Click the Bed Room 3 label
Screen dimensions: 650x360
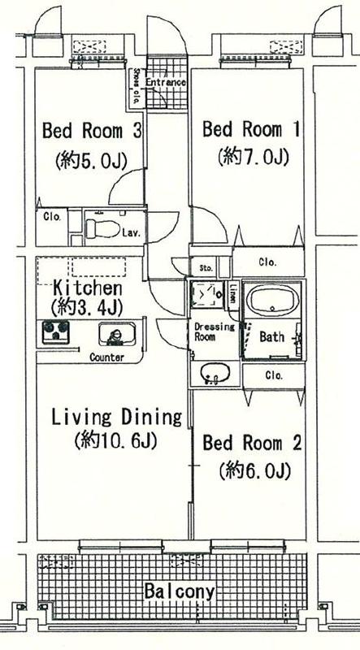click(93, 130)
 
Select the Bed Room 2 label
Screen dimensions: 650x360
click(253, 443)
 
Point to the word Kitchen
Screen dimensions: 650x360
click(88, 288)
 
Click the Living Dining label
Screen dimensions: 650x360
click(116, 418)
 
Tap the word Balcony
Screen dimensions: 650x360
click(180, 591)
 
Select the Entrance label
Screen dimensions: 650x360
click(167, 83)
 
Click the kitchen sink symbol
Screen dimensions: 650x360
click(114, 334)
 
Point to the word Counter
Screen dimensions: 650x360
click(106, 357)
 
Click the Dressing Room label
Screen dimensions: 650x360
click(213, 332)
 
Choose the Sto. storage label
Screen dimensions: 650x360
click(206, 267)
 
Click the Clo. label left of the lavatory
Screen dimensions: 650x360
click(50, 217)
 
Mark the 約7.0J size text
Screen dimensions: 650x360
click(254, 158)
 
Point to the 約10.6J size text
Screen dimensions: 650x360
click(115, 441)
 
